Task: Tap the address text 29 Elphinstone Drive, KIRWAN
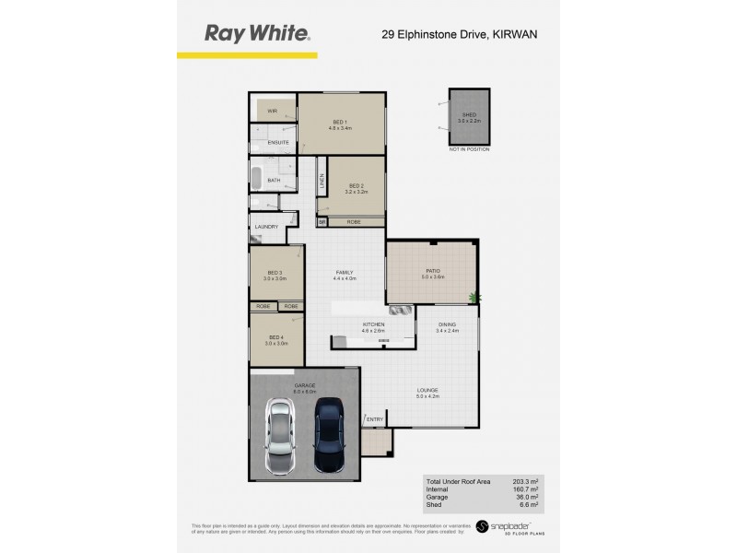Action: click(x=460, y=34)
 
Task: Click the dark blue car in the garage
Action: click(x=329, y=434)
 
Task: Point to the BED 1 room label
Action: click(x=340, y=123)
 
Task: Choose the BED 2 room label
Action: click(x=356, y=188)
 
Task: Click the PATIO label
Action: click(x=433, y=272)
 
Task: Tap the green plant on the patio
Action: click(x=474, y=297)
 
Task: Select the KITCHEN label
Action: click(x=373, y=325)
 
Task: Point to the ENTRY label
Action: click(x=375, y=420)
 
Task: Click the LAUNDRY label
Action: click(x=267, y=227)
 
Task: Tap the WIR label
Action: click(x=272, y=111)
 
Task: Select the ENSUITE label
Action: click(x=278, y=143)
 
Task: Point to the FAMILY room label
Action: click(x=345, y=273)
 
